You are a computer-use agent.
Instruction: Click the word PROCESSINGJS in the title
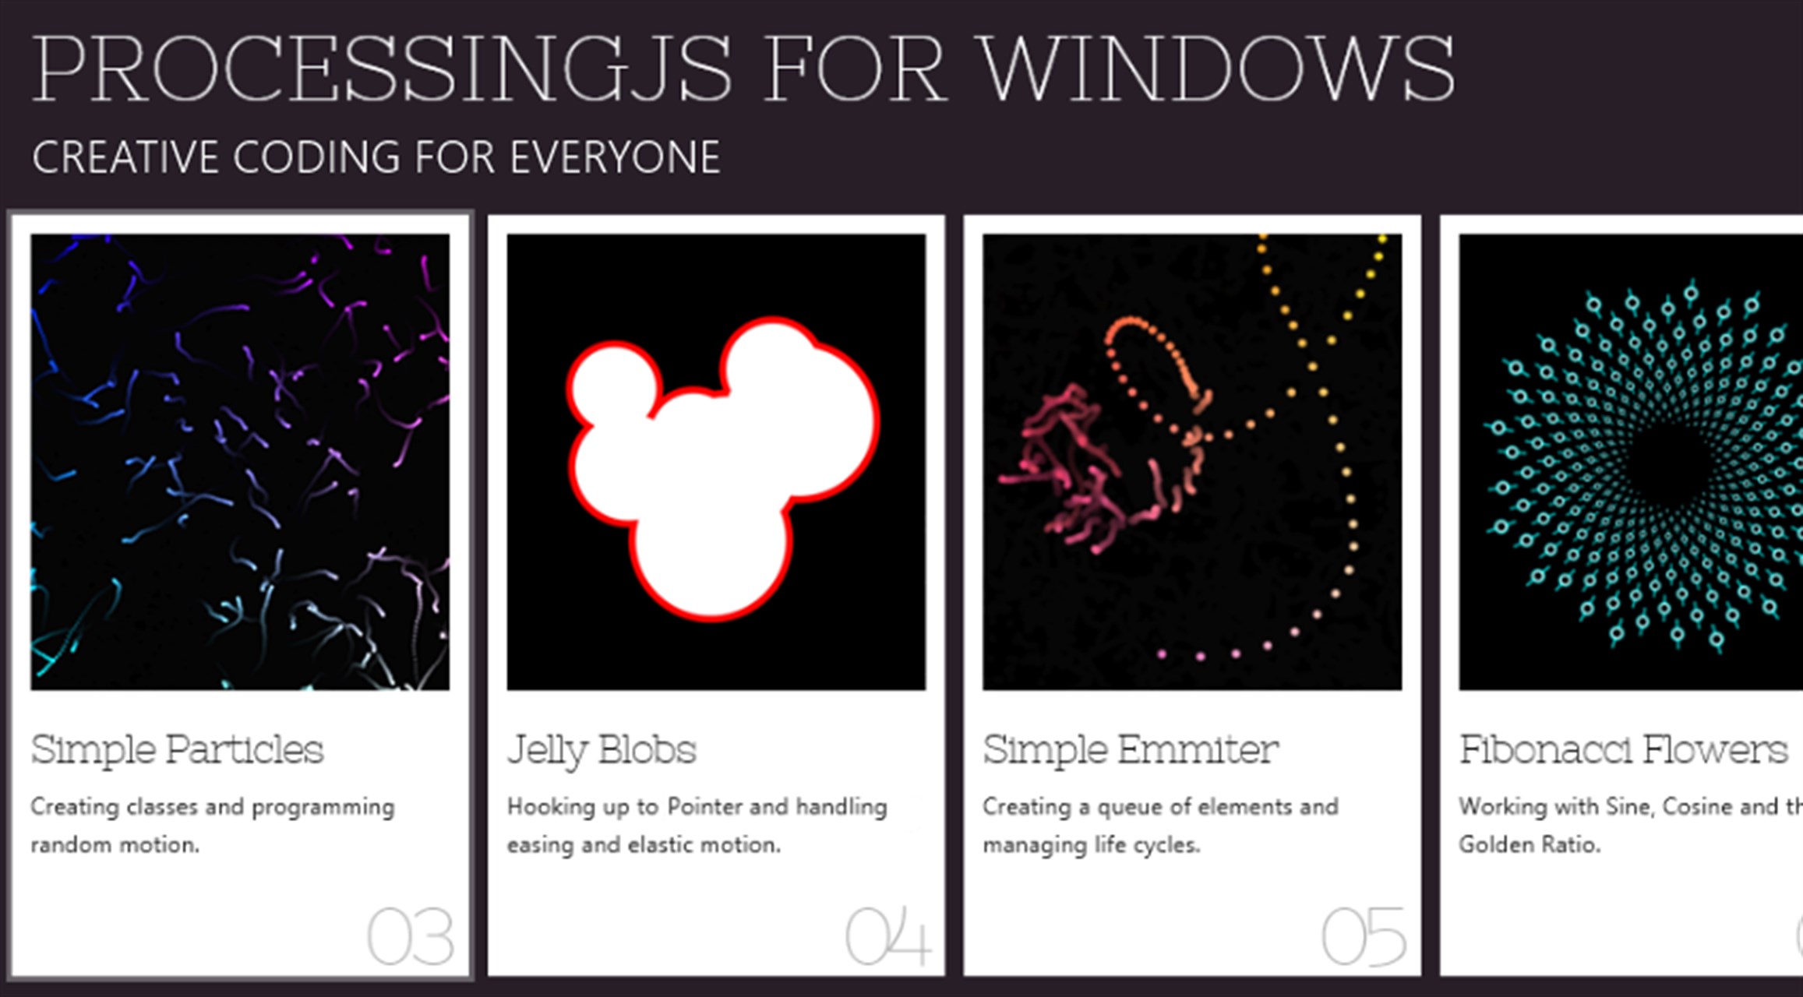[382, 69]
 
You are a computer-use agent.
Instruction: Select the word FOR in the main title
[856, 69]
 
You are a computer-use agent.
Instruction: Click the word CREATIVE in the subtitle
[125, 157]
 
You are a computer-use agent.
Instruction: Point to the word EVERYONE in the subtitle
[616, 157]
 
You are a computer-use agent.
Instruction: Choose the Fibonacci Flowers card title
[1624, 749]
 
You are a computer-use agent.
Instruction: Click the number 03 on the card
[411, 937]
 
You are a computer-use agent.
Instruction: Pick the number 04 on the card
[888, 937]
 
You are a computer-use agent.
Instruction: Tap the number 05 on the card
[1364, 937]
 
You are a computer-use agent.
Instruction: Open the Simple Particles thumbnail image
[240, 462]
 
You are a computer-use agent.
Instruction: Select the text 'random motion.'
[115, 845]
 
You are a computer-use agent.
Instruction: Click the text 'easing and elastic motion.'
[644, 845]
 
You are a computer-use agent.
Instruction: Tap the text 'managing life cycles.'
[1092, 845]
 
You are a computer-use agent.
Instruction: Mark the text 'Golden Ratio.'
[1530, 844]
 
